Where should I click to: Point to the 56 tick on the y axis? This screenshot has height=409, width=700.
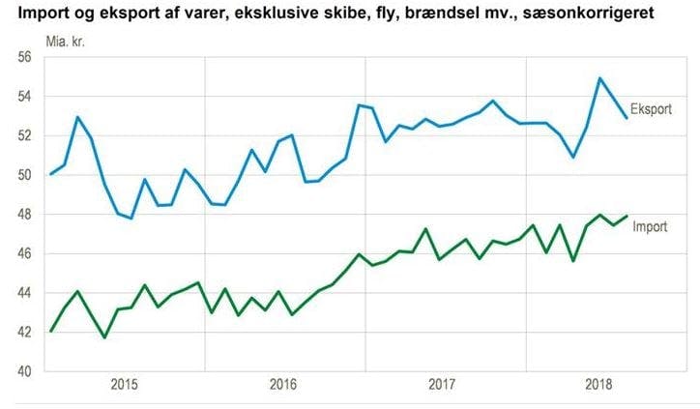(x=25, y=57)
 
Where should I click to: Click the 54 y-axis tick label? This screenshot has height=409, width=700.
(x=25, y=97)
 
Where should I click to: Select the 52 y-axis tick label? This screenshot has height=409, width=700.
(x=25, y=135)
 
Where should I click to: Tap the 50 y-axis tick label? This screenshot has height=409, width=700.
(x=25, y=175)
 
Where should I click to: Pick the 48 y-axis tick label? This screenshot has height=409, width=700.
(x=25, y=215)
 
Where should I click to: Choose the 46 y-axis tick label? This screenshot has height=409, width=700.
(x=25, y=253)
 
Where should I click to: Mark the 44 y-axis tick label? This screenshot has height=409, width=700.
(x=25, y=293)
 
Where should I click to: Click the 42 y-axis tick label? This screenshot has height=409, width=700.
(x=25, y=333)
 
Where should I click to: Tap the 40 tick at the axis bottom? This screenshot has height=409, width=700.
(x=25, y=371)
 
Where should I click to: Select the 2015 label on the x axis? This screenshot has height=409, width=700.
(x=124, y=385)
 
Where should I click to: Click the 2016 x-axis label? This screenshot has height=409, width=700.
(x=282, y=385)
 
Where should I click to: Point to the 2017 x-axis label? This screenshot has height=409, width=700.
(x=441, y=385)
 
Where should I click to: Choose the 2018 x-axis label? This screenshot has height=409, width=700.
(x=599, y=385)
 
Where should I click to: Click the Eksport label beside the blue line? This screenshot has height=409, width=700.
(x=652, y=107)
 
